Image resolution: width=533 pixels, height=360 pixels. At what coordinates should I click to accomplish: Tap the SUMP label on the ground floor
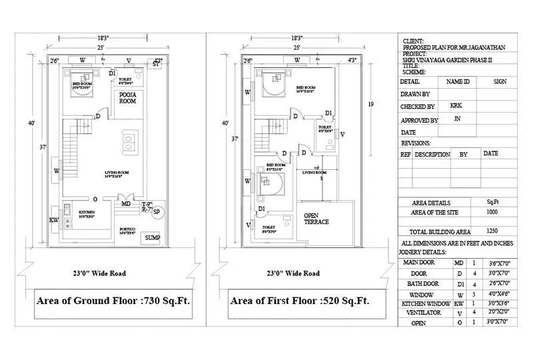click(152, 237)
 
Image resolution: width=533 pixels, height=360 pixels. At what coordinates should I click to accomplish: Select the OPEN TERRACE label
click(316, 218)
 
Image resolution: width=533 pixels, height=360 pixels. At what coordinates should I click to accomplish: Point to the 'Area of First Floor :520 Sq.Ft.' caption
click(299, 301)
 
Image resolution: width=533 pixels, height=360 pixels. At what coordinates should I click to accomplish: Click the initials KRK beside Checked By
click(456, 105)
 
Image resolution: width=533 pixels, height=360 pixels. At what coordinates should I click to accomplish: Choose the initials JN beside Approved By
click(456, 119)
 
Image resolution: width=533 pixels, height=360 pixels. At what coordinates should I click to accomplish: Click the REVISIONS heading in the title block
click(416, 143)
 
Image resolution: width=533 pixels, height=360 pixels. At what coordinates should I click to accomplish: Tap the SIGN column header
click(500, 81)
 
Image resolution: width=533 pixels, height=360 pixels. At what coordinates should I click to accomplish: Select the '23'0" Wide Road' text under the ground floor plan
click(99, 273)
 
